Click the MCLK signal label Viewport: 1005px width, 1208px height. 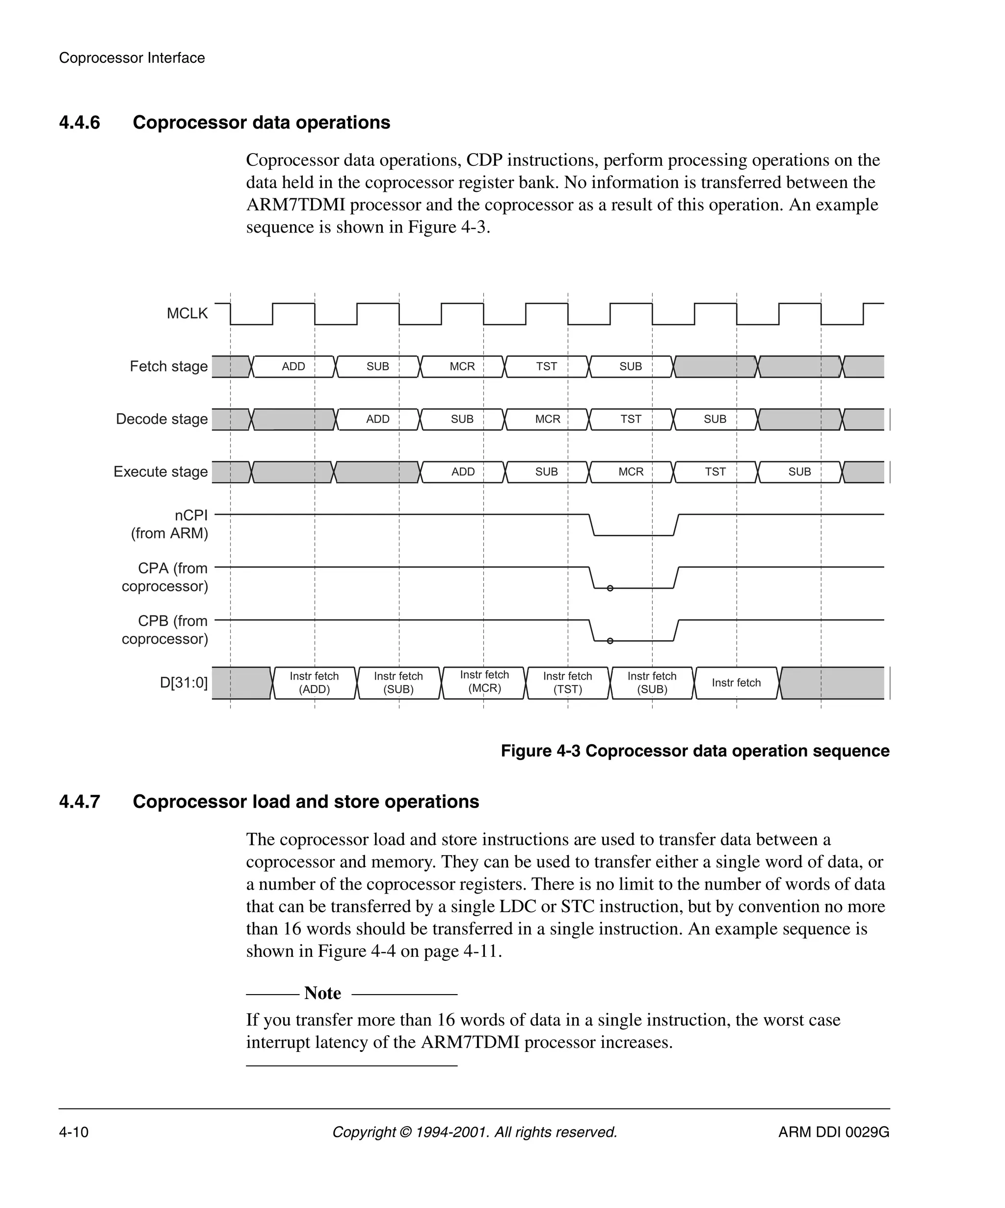tap(187, 314)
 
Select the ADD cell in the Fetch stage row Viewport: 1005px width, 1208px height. tap(293, 367)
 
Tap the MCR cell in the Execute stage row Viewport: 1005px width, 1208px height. tap(631, 472)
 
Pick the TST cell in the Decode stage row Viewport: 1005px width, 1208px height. tap(631, 419)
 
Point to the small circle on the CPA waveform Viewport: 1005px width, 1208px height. tap(610, 588)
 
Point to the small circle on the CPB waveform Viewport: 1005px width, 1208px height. tap(610, 641)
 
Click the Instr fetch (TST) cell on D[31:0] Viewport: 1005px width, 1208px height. tap(567, 683)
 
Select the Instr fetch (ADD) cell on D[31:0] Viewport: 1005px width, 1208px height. tap(314, 683)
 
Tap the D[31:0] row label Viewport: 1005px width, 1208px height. tap(184, 683)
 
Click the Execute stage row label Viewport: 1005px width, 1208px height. tap(160, 472)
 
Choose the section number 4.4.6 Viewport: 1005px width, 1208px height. tap(79, 123)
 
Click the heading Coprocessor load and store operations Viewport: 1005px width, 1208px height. tap(305, 801)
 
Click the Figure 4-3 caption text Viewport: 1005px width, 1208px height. tap(695, 751)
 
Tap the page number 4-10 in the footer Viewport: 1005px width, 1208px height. tap(74, 1132)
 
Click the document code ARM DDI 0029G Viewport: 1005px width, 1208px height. tap(834, 1132)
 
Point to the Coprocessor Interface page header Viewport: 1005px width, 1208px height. tap(132, 58)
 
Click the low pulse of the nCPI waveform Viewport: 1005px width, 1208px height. tap(633, 534)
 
